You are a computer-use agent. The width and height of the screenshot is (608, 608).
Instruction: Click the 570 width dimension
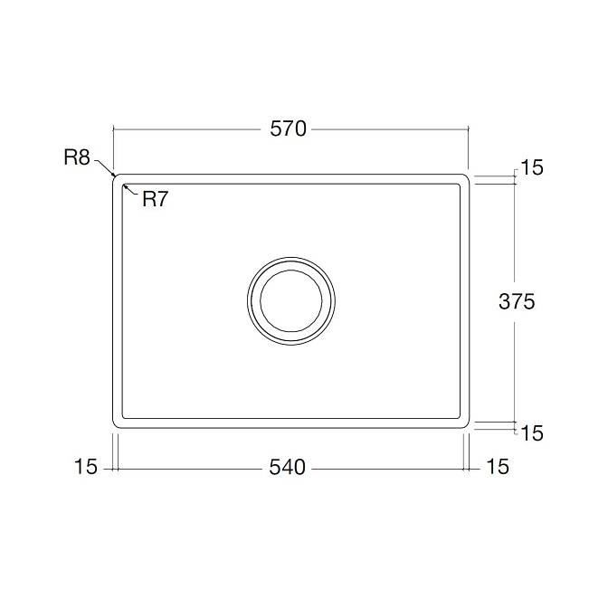pyautogui.click(x=288, y=128)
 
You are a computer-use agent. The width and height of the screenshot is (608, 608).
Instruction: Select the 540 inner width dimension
pyautogui.click(x=288, y=467)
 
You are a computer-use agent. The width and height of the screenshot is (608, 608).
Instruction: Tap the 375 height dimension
pyautogui.click(x=517, y=301)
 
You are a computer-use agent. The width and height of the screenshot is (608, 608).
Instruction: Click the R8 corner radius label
pyautogui.click(x=77, y=157)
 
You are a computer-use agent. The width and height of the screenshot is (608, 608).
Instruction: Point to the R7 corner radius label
pyautogui.click(x=155, y=199)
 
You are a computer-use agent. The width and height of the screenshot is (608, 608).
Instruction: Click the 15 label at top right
pyautogui.click(x=532, y=168)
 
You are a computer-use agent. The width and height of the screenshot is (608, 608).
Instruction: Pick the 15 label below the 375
pyautogui.click(x=532, y=433)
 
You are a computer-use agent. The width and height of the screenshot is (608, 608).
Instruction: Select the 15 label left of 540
pyautogui.click(x=86, y=467)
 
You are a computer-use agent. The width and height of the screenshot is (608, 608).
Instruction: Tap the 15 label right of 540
pyautogui.click(x=497, y=467)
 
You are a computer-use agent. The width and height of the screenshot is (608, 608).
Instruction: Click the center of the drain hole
pyautogui.click(x=291, y=301)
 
